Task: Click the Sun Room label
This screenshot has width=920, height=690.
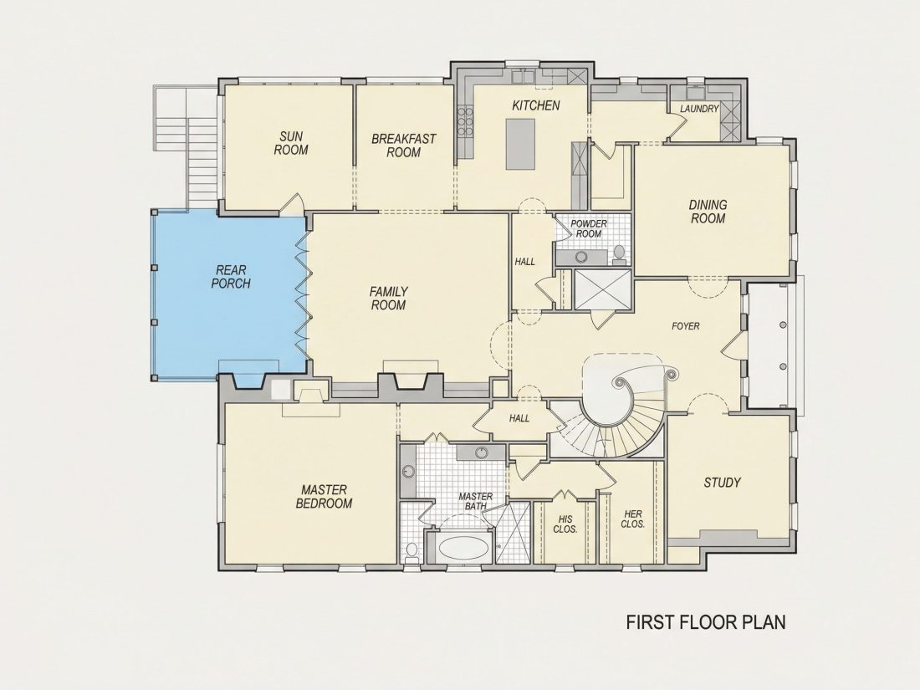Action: [291, 143]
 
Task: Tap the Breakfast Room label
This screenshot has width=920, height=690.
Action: [404, 146]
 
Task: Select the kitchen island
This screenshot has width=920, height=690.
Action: [520, 145]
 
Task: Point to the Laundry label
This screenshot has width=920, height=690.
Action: [699, 109]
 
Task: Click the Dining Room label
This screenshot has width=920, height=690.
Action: [708, 212]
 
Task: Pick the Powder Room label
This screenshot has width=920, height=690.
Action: [589, 229]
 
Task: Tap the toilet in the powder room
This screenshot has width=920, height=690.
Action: [618, 253]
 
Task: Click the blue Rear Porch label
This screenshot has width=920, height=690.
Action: [231, 277]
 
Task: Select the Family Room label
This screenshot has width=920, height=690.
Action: [388, 298]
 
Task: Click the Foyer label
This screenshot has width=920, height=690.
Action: [685, 325]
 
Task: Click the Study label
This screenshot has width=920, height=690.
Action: [722, 483]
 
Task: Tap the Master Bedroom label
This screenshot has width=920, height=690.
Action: [324, 496]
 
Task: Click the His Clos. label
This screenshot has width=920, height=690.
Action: [565, 524]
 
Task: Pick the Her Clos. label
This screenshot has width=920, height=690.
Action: [633, 519]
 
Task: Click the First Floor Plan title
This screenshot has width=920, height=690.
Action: [706, 622]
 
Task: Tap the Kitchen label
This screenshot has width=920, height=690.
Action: [535, 105]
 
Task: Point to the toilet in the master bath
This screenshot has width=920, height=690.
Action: [411, 551]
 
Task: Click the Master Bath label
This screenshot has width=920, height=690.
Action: [475, 501]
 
